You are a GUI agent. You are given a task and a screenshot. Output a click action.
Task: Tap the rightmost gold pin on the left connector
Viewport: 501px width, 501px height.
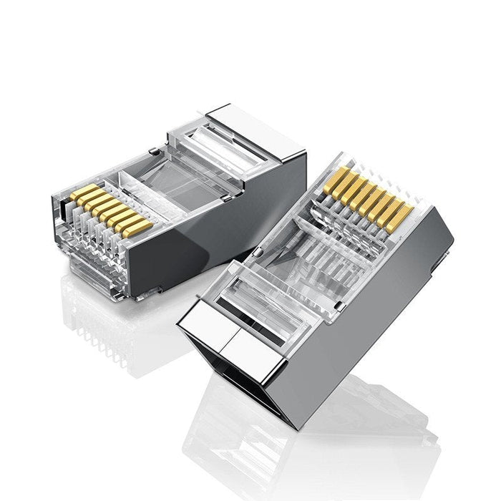(x=138, y=228)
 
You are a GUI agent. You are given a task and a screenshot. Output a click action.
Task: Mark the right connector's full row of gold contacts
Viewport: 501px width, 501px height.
(x=369, y=196)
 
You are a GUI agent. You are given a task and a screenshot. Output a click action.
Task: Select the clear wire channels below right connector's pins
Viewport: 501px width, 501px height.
(x=336, y=243)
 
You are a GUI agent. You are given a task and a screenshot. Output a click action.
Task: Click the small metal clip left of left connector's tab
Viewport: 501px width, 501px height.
(x=154, y=151)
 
